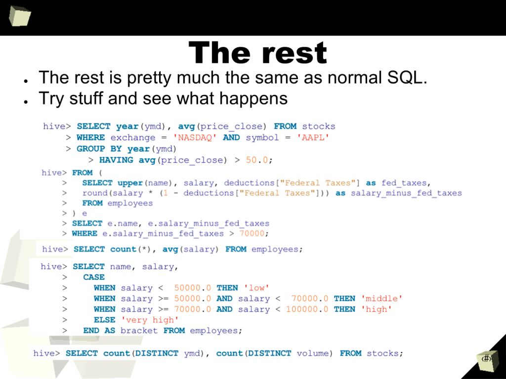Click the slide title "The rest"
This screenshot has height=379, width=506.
(257, 53)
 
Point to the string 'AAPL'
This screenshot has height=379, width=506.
(313, 138)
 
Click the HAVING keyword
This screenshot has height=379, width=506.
(116, 160)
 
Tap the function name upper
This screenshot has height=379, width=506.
(130, 183)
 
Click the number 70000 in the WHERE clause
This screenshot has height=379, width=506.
(252, 233)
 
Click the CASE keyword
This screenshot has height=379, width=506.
(94, 277)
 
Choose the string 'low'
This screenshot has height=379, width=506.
(256, 288)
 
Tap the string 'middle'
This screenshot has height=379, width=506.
(382, 299)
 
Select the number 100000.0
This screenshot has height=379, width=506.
(307, 309)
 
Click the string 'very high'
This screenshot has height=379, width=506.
(150, 320)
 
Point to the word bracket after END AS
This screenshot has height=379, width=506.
(139, 331)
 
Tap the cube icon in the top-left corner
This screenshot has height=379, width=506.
(20, 16)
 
